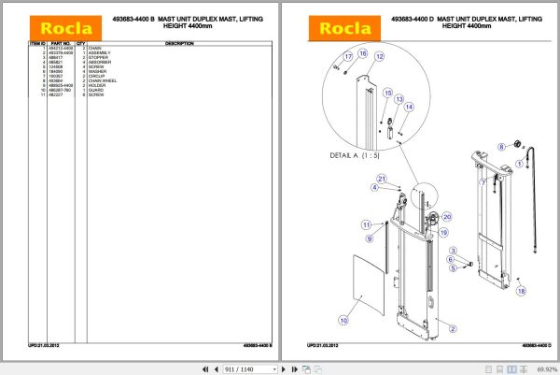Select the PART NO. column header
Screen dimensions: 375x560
point(61,43)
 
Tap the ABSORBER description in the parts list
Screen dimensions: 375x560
point(100,62)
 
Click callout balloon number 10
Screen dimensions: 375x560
point(343,321)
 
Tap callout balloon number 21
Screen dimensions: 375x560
point(381,179)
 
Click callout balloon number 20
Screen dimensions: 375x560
point(445,217)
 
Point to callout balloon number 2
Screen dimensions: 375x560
point(451,327)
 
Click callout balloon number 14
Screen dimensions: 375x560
point(408,108)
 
